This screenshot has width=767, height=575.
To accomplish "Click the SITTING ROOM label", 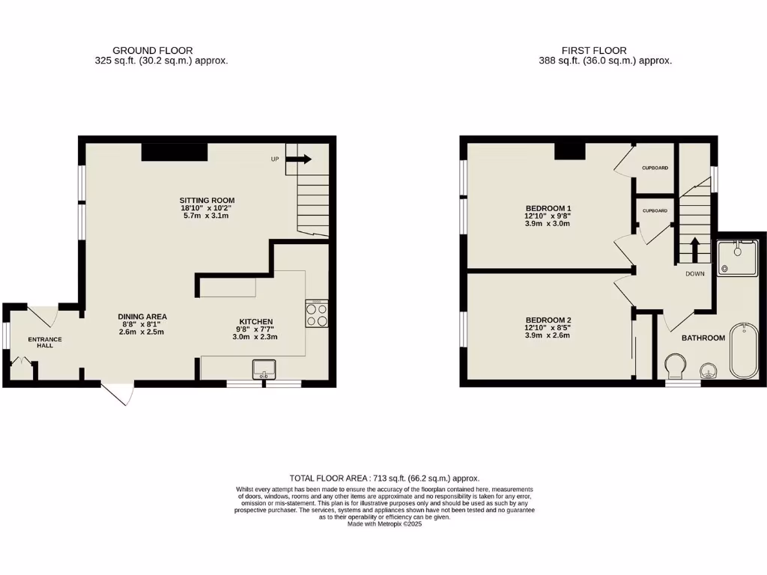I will tap(207, 200).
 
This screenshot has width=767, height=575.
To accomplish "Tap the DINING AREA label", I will tap(142, 316).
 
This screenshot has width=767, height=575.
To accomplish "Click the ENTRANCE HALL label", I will tap(45, 343).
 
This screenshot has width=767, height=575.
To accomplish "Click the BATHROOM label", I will tap(703, 338).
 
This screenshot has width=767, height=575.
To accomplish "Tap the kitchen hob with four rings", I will tap(317, 314).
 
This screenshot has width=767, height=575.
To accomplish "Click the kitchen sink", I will tap(264, 369).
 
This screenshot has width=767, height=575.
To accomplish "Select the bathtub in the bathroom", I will tap(744, 351).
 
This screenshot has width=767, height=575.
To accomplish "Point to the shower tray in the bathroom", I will tap(737, 258).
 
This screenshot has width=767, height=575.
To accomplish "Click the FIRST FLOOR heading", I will tap(605, 51).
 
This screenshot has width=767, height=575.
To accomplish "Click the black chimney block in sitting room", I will tap(175, 151).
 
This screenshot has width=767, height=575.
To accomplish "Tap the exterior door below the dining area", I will tap(118, 393).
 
